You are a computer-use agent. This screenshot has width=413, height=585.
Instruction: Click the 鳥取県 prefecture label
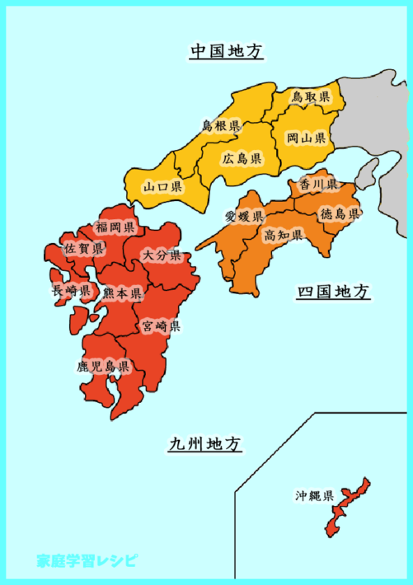(311, 98)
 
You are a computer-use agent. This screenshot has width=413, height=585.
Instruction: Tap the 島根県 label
(221, 126)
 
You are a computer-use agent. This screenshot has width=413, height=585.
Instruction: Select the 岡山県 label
(307, 138)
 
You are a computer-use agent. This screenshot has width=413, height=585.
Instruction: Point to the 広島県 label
(242, 158)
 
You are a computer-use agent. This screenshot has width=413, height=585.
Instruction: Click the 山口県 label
(162, 187)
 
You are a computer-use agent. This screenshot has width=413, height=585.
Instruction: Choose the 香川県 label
(318, 184)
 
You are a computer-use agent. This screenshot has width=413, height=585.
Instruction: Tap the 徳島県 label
(340, 214)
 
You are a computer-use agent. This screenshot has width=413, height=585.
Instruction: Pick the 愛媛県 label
(244, 217)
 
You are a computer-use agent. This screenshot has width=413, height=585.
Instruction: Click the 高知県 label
(284, 236)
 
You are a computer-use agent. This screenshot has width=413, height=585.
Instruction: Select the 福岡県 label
(115, 227)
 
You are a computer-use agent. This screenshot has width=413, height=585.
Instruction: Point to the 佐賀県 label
(85, 248)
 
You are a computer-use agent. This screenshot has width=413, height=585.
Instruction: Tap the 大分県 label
(161, 255)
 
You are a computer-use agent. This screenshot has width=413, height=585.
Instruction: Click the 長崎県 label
(71, 290)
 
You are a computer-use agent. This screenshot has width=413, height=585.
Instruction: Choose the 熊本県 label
(122, 292)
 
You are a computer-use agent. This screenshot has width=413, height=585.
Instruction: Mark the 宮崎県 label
(161, 326)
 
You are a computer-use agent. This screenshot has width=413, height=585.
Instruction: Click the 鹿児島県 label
(104, 365)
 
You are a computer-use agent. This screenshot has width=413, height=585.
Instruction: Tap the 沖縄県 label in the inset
(315, 496)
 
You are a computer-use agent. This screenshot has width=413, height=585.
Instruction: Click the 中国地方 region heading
(226, 52)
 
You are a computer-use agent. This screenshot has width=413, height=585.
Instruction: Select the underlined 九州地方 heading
(205, 444)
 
